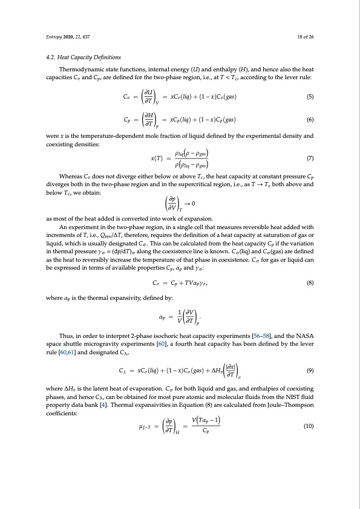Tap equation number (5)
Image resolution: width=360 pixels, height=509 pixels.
tap(309, 97)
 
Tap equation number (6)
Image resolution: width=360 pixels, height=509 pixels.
tap(309, 120)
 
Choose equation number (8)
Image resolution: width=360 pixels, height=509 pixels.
tap(309, 281)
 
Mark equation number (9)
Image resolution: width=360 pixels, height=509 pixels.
tap(309, 369)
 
